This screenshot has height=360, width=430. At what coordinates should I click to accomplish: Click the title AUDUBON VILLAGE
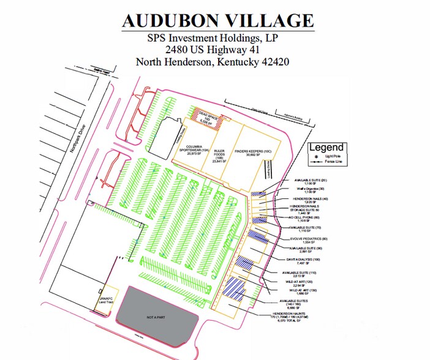[218, 20]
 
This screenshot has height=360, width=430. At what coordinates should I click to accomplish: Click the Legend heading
[326, 148]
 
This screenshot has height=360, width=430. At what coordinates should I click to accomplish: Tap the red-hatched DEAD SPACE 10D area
[205, 115]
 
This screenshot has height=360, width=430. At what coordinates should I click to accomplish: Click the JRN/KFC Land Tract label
[108, 300]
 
